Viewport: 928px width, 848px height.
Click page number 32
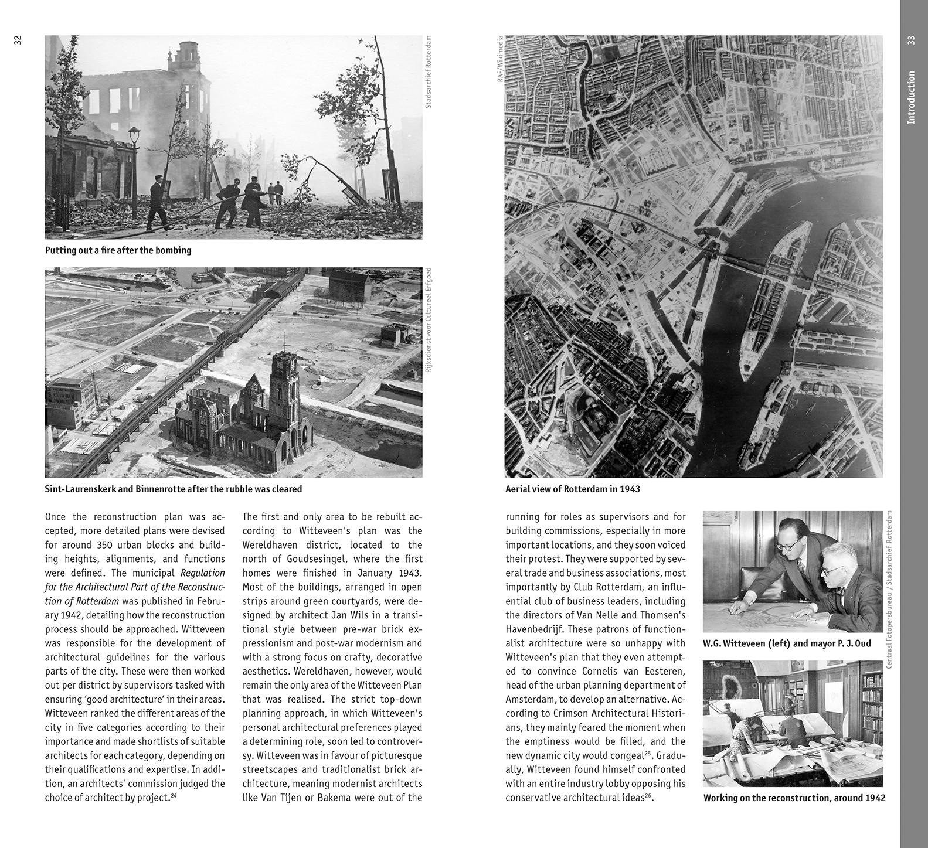pos(18,40)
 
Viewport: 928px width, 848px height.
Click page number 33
pos(910,40)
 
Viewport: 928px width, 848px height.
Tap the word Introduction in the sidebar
pos(910,97)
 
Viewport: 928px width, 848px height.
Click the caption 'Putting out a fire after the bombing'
pos(118,250)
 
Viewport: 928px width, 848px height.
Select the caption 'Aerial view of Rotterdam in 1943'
pos(572,489)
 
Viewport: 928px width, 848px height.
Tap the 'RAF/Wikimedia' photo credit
pos(500,59)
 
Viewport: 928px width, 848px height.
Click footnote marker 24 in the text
pos(174,796)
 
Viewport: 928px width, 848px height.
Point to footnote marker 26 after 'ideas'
pos(648,796)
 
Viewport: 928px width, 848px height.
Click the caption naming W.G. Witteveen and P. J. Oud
pos(787,643)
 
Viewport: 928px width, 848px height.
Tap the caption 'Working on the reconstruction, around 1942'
pos(794,798)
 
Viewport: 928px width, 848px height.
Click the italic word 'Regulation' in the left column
pos(203,573)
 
